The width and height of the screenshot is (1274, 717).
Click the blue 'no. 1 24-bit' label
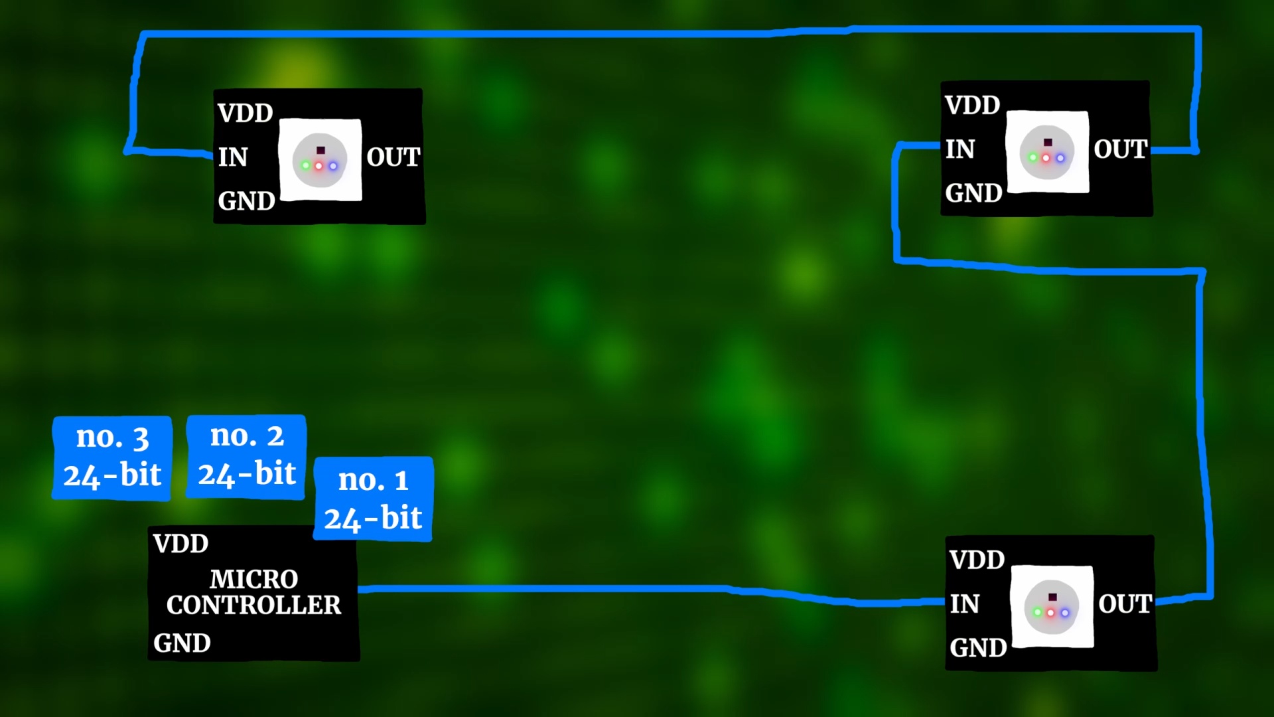click(373, 499)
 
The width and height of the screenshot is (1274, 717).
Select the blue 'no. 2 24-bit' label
click(246, 456)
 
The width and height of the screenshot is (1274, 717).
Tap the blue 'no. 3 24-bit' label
click(112, 457)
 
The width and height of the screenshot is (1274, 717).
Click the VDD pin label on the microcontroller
click(180, 544)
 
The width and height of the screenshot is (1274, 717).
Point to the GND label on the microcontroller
click(182, 643)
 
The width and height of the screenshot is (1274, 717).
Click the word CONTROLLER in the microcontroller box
click(253, 605)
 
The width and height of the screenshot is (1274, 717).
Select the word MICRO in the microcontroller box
click(253, 579)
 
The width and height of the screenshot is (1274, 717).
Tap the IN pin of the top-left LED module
click(233, 157)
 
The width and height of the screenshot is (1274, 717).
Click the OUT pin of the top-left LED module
click(393, 157)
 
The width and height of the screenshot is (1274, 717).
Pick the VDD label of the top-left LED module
click(245, 113)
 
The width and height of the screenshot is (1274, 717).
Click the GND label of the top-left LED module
click(246, 200)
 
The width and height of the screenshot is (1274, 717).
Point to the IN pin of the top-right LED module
click(960, 149)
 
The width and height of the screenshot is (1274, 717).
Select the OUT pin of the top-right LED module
click(1120, 149)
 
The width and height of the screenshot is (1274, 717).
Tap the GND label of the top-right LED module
click(973, 193)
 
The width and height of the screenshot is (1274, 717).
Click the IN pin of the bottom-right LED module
click(964, 604)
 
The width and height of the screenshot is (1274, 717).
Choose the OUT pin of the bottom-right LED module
click(1125, 604)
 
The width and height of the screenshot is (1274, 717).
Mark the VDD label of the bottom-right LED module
click(977, 560)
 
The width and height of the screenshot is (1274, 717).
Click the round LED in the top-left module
click(320, 160)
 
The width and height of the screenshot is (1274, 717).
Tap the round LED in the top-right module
click(1046, 152)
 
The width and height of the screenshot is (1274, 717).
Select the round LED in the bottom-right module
click(1051, 607)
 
